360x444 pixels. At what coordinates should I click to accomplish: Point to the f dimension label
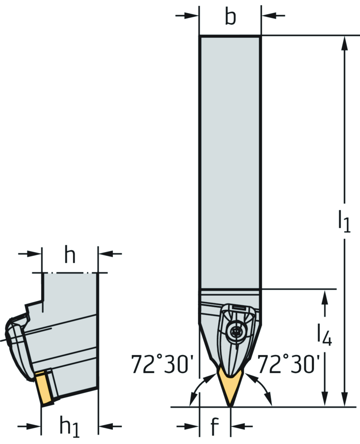(x=214, y=426)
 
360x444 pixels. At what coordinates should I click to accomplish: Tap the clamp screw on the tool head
(x=234, y=331)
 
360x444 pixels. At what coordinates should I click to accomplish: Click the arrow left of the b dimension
(x=190, y=15)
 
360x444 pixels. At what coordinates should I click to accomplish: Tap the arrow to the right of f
(x=239, y=426)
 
